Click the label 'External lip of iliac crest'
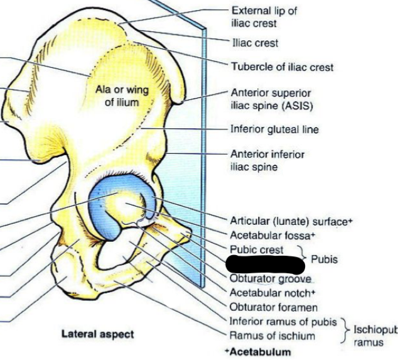pos(264,16)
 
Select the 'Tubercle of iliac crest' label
pos(282,67)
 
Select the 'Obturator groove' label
pos(271,279)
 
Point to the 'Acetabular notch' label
pos(272,293)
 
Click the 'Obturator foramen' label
pos(273,308)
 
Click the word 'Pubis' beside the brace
pos(325,259)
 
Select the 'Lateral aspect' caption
pos(97,334)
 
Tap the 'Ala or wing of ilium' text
pos(122,96)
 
